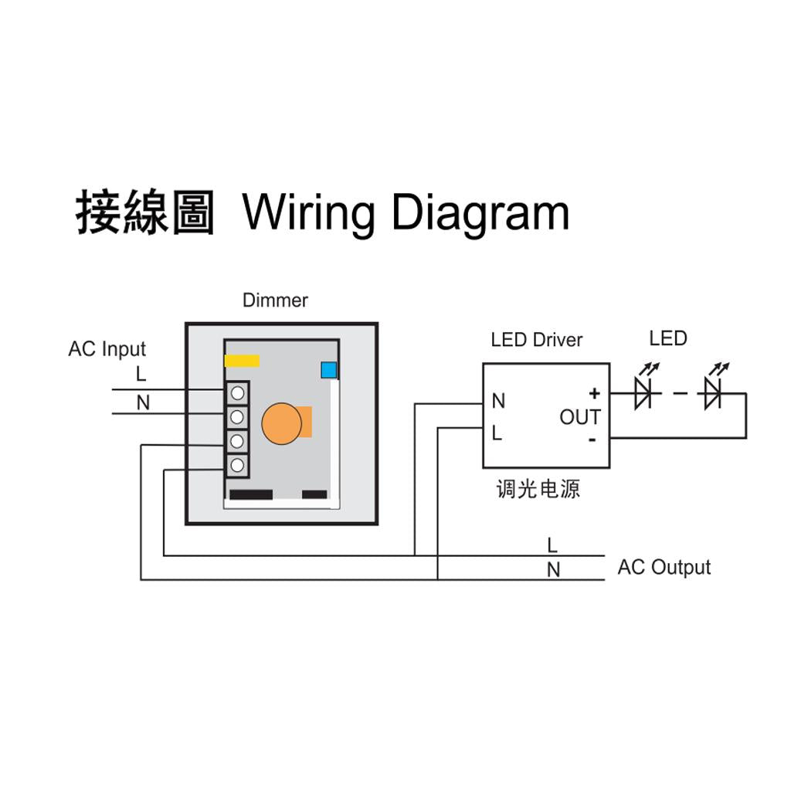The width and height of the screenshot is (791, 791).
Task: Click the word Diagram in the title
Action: point(480,212)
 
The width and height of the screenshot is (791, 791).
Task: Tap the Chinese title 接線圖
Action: point(144,212)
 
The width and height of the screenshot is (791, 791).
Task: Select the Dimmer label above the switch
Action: point(275,300)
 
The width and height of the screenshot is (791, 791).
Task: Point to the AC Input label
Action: point(107,349)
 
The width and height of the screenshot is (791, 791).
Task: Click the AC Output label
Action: point(664,568)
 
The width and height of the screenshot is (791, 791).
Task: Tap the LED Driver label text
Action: point(536,340)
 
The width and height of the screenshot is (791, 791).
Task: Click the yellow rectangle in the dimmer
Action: point(242,361)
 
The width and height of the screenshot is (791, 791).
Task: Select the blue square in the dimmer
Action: point(329,370)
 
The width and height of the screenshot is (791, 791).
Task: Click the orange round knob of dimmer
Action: point(282,424)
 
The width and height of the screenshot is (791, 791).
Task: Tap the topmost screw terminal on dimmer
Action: point(238,393)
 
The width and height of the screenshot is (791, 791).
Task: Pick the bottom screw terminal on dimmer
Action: point(238,465)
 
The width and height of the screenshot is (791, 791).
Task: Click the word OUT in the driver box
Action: point(579,417)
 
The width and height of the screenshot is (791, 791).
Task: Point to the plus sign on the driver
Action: point(594,394)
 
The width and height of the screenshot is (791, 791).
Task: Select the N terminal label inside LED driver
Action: point(498,401)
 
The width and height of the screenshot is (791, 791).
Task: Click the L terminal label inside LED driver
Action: point(497,433)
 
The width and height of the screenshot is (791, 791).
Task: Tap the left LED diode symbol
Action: point(643,394)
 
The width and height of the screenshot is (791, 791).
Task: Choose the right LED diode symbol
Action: point(712,394)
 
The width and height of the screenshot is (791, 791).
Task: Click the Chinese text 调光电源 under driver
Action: point(538,489)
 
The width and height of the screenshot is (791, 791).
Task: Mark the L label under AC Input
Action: point(141,375)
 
